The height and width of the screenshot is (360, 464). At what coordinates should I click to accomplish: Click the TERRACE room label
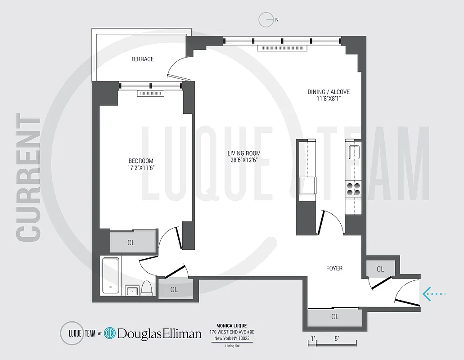click(142, 59)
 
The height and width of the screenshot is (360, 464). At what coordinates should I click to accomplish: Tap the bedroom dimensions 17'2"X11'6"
click(141, 168)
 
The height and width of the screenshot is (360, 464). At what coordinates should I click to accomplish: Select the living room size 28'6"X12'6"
click(244, 160)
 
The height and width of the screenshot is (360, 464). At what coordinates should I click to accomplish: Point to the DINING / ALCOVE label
click(329, 92)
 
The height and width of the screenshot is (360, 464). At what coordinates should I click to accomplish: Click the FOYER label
click(334, 268)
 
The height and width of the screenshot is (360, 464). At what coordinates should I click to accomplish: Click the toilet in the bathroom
click(147, 288)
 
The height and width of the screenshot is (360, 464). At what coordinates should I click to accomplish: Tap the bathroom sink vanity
click(132, 290)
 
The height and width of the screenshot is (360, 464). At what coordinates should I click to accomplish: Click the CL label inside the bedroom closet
click(131, 243)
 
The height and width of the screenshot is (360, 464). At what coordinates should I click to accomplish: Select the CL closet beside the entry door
click(380, 269)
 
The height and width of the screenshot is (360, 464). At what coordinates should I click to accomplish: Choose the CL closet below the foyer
click(335, 316)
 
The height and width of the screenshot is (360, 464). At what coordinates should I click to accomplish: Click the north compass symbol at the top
click(266, 20)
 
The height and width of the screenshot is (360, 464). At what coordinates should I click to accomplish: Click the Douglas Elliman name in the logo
click(159, 333)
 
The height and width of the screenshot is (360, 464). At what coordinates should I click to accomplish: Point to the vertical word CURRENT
click(28, 178)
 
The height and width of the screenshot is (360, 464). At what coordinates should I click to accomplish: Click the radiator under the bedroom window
click(150, 93)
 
